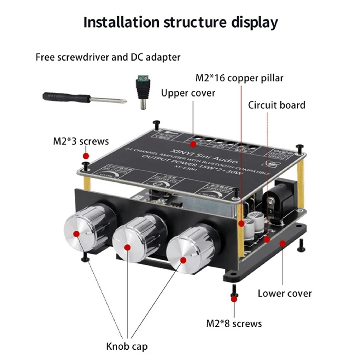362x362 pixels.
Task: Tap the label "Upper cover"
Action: tap(188, 93)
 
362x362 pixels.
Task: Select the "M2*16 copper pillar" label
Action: tap(239, 78)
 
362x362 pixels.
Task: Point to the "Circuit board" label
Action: tap(276, 105)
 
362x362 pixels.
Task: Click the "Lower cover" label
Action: tap(285, 293)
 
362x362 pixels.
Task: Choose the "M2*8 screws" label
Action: tap(234, 324)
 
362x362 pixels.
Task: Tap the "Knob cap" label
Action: tap(127, 347)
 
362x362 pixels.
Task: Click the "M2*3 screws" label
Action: tap(81, 141)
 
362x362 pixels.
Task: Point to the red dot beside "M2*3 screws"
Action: tap(86, 156)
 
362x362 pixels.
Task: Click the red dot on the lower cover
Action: tap(283, 243)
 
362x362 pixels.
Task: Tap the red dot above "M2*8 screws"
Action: tap(234, 298)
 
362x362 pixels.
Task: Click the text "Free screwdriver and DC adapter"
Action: tap(108, 57)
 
